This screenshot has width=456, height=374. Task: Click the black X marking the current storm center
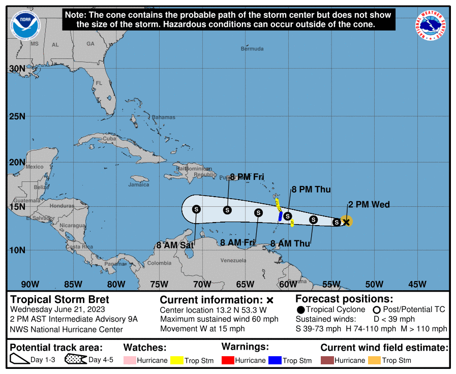347,222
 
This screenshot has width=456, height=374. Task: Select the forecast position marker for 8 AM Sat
197,209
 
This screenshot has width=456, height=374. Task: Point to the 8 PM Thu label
311,190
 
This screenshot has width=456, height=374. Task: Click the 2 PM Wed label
369,205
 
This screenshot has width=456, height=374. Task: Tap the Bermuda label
252,49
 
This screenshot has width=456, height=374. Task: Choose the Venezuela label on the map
233,260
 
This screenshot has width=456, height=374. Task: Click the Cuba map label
109,139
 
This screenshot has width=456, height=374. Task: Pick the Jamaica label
139,184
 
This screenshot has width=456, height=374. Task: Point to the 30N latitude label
17,69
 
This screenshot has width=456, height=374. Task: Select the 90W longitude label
30,284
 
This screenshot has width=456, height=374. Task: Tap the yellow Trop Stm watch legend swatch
177,360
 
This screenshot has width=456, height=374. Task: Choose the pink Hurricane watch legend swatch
130,360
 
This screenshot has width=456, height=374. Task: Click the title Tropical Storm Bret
60,299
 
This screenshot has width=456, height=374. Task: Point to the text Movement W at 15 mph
202,329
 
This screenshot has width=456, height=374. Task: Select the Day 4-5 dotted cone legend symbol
75,360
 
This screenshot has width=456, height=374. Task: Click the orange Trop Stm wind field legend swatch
374,360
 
